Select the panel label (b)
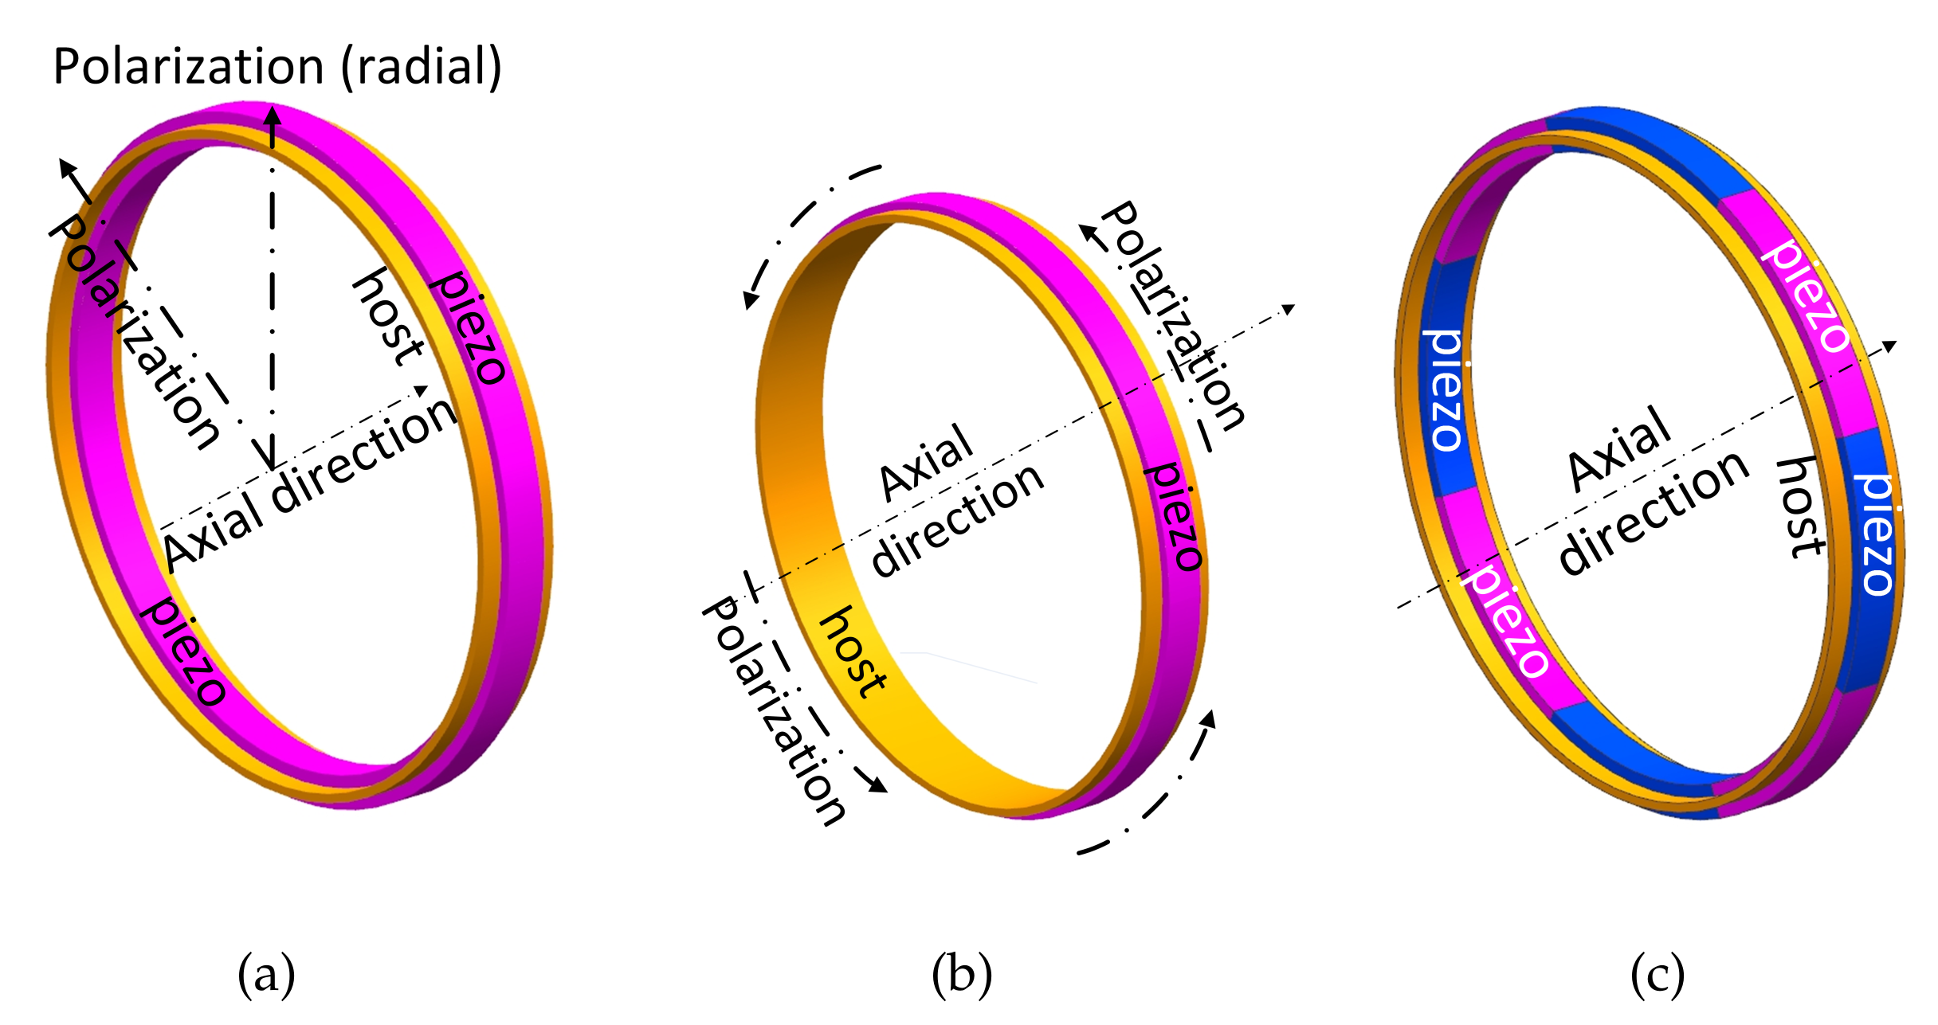click(962, 974)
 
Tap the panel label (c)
click(1657, 974)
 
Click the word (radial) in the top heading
click(422, 67)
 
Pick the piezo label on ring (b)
click(1175, 516)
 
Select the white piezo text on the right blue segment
click(1877, 534)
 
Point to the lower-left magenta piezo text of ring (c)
click(1506, 621)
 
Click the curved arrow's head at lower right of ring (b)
click(1210, 718)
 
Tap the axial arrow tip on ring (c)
click(1889, 345)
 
